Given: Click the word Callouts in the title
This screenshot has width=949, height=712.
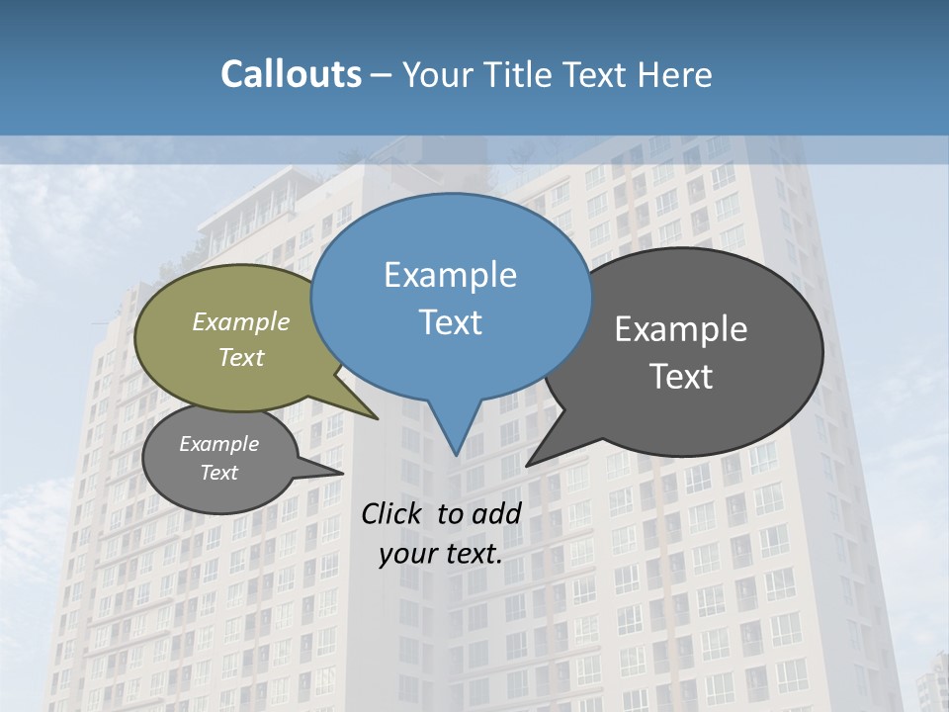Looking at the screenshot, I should pyautogui.click(x=291, y=74).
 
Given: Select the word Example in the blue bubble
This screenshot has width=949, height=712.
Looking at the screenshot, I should pyautogui.click(x=450, y=275).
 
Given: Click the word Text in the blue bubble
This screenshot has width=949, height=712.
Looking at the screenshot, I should pyautogui.click(x=450, y=322).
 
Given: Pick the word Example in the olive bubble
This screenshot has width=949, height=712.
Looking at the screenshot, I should pyautogui.click(x=241, y=321).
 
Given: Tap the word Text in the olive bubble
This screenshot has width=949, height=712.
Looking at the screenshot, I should pyautogui.click(x=241, y=357).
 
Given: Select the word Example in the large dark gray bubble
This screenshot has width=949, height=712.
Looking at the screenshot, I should pyautogui.click(x=681, y=329).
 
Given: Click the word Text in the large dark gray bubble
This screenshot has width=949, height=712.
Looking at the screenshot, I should pyautogui.click(x=681, y=376).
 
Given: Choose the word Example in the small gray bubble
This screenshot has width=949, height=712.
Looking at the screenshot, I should pyautogui.click(x=218, y=444).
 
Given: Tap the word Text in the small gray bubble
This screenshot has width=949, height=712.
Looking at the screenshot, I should pyautogui.click(x=218, y=473).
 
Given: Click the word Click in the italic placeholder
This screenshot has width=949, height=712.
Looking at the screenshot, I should pyautogui.click(x=392, y=513).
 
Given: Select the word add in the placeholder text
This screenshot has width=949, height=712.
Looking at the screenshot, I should pyautogui.click(x=495, y=513).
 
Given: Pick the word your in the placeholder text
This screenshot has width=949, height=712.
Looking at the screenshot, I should pyautogui.click(x=406, y=554).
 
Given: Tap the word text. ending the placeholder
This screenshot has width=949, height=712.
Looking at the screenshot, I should pyautogui.click(x=470, y=554).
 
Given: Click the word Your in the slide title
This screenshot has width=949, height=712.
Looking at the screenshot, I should pyautogui.click(x=439, y=74).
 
